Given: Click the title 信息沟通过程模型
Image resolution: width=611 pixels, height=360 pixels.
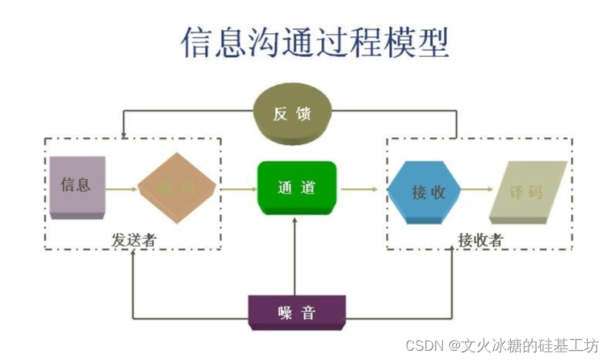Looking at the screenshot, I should click(x=315, y=42).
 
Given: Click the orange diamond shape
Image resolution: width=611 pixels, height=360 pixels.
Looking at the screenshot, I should click(x=176, y=187).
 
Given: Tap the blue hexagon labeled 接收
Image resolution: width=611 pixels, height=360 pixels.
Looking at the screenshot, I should click(x=423, y=191).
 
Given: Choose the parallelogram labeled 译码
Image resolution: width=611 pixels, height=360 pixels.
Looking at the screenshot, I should click(x=528, y=190).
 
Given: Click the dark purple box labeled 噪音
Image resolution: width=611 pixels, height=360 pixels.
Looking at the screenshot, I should click(x=296, y=312).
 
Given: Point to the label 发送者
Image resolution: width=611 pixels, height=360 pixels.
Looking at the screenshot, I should click(x=133, y=241).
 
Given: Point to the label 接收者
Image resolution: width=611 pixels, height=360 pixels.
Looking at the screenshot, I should click(x=479, y=241).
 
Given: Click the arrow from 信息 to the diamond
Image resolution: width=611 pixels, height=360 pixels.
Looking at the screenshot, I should click(x=121, y=188).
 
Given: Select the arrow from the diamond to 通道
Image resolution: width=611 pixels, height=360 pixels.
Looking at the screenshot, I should click(x=237, y=188).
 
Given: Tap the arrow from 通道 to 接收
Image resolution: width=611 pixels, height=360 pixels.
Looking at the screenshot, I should click(x=361, y=188).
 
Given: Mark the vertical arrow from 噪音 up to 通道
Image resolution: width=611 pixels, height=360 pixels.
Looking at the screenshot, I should click(x=295, y=254).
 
